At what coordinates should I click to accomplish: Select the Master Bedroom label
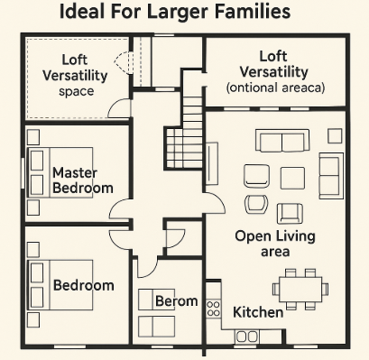83,180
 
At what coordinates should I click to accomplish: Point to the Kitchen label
258,312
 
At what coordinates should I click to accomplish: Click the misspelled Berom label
177,301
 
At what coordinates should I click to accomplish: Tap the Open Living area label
275,244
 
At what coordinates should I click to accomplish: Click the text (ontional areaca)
275,88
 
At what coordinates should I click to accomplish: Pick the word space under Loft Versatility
77,91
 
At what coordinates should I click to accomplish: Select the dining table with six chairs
300,290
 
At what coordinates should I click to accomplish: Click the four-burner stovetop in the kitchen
213,309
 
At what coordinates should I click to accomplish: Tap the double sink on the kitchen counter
247,337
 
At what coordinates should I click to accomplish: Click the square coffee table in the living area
292,179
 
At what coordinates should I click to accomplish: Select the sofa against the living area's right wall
331,176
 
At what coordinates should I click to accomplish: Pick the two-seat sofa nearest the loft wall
282,141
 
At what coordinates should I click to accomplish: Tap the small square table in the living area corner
335,136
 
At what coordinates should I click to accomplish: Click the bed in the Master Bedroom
60,172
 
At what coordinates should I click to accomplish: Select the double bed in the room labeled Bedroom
60,285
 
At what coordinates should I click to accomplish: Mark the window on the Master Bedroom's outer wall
23,173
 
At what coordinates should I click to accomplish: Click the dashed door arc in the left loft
120,61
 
